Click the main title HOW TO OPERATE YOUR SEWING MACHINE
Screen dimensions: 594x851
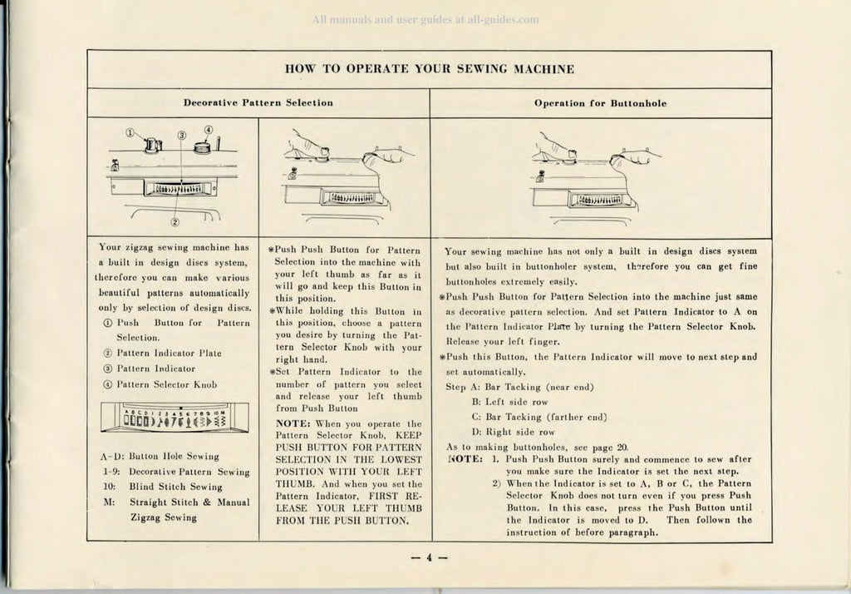(x=429, y=67)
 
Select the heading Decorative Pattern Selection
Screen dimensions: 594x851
(x=258, y=103)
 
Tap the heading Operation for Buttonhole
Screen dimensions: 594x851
(x=600, y=103)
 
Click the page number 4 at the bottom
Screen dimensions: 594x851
(x=430, y=557)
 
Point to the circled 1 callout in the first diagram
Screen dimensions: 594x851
(x=130, y=132)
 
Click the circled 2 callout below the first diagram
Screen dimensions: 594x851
(x=175, y=220)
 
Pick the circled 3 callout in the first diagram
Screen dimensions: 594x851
(x=181, y=135)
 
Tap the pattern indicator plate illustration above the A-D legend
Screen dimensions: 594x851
(x=175, y=418)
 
